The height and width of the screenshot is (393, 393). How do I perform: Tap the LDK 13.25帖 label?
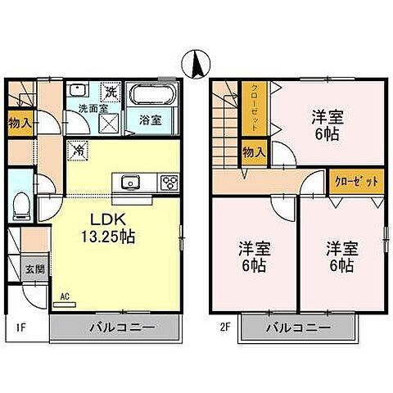(x=108, y=228)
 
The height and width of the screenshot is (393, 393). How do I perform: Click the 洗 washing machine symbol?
(x=111, y=92)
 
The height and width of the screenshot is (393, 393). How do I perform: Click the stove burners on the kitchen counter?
(x=169, y=182)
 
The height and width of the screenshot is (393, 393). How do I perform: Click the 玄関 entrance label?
(x=29, y=267)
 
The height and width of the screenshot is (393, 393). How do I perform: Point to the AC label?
(x=63, y=298)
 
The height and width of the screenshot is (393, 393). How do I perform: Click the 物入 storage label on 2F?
(x=254, y=151)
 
